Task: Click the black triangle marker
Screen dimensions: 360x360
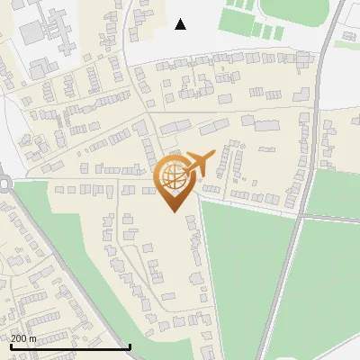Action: tap(180, 24)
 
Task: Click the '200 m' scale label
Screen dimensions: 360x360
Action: tap(23, 338)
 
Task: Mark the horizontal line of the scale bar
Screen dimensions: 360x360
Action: tap(69, 346)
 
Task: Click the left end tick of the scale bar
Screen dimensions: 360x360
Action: tap(10, 346)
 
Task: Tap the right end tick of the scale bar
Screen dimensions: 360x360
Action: tap(130, 346)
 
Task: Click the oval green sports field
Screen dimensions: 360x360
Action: tap(292, 11)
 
